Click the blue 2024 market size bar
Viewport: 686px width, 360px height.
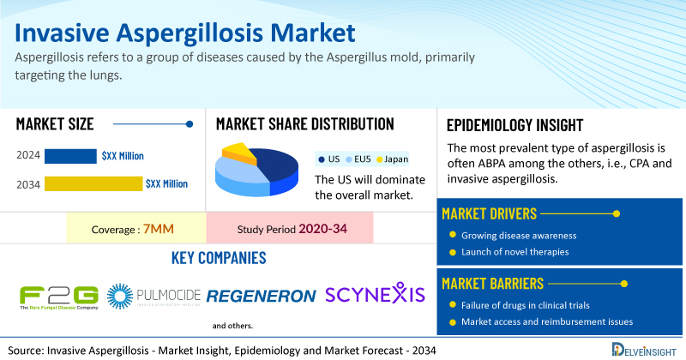coord(70,156)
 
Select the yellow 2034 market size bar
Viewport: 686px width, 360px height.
coord(93,183)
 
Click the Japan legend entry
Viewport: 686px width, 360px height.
coord(392,159)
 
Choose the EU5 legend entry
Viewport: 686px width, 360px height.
coord(358,159)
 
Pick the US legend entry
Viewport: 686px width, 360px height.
coord(329,159)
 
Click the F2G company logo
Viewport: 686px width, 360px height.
coord(59,297)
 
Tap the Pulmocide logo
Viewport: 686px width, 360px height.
coord(153,296)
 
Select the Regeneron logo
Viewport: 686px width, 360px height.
coord(261,296)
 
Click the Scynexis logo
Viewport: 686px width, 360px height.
coord(375,293)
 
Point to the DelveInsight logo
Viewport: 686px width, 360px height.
coord(644,350)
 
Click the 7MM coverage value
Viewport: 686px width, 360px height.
coord(159,229)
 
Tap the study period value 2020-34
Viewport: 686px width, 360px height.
coord(323,229)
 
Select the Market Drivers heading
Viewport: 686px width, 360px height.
coord(489,214)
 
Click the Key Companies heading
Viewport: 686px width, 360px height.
coord(219,258)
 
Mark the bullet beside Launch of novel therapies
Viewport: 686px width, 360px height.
coord(453,252)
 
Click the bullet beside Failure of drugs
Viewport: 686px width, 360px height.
coord(453,305)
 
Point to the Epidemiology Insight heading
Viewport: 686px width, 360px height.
coord(515,125)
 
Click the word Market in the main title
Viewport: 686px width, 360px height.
coord(313,33)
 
